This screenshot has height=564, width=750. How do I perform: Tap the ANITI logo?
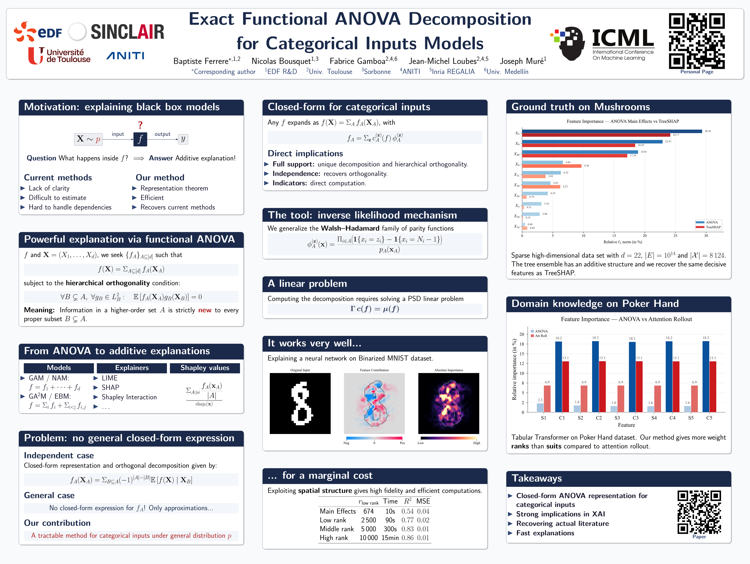click(x=125, y=56)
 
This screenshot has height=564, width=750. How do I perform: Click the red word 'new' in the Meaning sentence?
click(x=205, y=310)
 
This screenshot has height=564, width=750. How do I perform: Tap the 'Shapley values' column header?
click(x=205, y=368)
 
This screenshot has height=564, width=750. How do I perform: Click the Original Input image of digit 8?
click(x=300, y=403)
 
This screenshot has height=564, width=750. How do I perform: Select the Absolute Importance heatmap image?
click(x=449, y=403)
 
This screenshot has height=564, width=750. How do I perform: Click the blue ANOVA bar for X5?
click(x=612, y=131)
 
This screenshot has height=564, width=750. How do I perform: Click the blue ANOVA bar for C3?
click(x=632, y=377)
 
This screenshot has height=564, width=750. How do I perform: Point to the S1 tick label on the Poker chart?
click(x=544, y=418)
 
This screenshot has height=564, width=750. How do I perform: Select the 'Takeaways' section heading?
click(x=537, y=478)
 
